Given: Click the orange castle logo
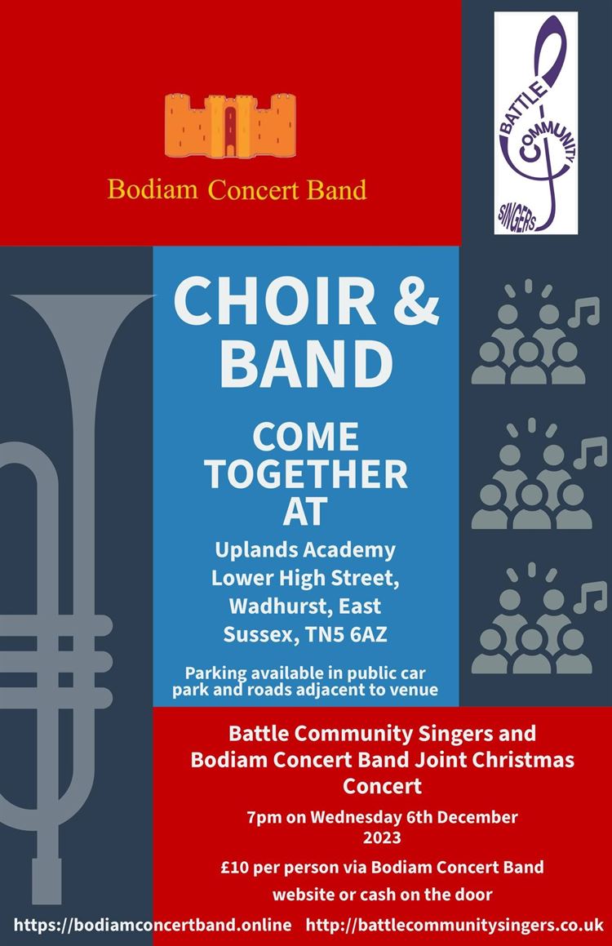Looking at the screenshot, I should (230, 125).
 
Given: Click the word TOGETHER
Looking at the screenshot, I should (305, 474).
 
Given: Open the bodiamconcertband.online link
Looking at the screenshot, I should (153, 924).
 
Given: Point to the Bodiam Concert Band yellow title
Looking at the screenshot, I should (237, 190).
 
